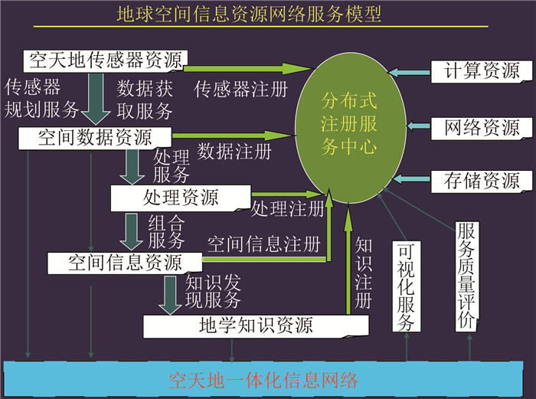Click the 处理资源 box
click(x=181, y=198)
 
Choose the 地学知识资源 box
click(x=256, y=325)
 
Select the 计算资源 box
click(x=482, y=71)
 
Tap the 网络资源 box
click(x=482, y=126)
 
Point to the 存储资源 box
click(x=482, y=181)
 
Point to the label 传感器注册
click(x=241, y=89)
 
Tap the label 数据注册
click(x=234, y=151)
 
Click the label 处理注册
click(x=287, y=208)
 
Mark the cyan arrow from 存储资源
click(x=410, y=181)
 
